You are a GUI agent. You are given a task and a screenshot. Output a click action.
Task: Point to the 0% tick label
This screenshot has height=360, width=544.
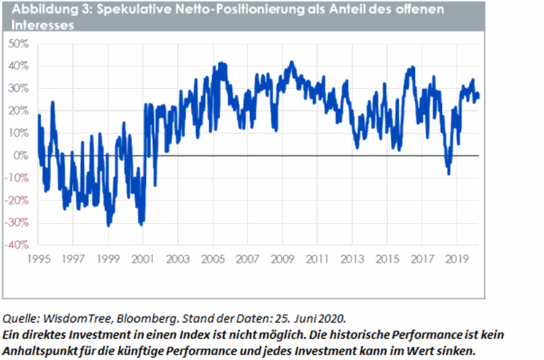click(x=20, y=156)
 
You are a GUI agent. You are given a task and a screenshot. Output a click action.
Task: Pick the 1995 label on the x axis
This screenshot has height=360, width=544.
click(x=38, y=258)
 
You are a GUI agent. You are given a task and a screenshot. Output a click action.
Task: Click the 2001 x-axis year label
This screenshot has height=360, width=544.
click(x=144, y=258)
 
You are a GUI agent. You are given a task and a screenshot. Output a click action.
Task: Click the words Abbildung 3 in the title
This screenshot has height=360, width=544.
click(x=44, y=9)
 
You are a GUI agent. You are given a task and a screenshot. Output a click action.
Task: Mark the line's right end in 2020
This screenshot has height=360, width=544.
click(x=478, y=95)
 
